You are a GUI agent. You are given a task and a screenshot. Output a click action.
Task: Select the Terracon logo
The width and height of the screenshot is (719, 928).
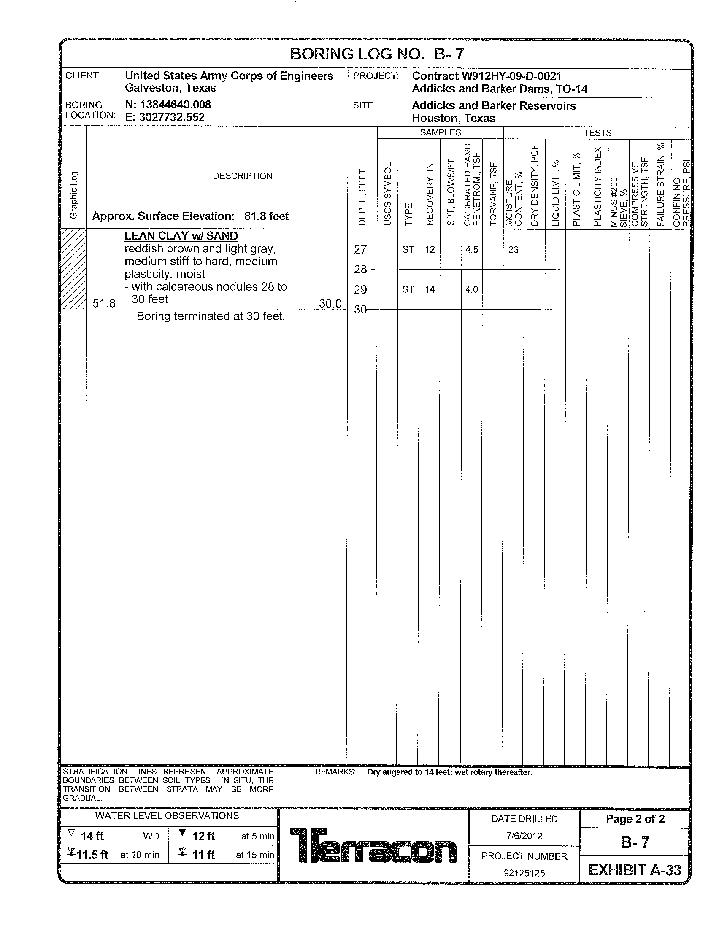click(373, 846)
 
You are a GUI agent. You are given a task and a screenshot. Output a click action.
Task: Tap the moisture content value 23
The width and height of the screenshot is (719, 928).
click(513, 250)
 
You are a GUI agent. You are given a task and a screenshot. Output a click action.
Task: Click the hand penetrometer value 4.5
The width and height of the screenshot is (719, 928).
click(471, 250)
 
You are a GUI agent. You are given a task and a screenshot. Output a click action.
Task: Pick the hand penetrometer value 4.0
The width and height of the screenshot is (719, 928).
click(471, 290)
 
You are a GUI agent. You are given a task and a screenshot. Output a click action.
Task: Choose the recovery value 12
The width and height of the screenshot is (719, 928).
click(430, 250)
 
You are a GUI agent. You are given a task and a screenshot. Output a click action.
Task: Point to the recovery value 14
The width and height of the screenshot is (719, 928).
click(430, 290)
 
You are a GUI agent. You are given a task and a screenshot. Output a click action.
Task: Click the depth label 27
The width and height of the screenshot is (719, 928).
click(360, 249)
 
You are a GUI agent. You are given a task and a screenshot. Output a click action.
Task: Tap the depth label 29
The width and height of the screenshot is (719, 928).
click(360, 290)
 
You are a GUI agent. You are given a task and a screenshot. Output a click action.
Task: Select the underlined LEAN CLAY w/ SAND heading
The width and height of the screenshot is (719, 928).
click(181, 236)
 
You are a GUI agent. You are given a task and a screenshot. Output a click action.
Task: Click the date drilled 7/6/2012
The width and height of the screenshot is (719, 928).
click(524, 836)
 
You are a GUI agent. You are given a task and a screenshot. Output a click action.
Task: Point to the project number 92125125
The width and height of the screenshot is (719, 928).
click(524, 873)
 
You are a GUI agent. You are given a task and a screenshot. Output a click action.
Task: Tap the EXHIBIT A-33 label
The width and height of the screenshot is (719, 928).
click(635, 870)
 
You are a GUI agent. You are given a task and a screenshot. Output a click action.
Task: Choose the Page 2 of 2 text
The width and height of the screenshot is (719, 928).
click(635, 819)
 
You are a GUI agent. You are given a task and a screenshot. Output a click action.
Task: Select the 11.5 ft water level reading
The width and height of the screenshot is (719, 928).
click(92, 855)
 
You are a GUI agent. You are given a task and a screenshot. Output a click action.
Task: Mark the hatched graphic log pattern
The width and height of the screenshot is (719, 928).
click(74, 269)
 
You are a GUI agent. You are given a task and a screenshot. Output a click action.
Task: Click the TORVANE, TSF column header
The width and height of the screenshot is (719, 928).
click(493, 193)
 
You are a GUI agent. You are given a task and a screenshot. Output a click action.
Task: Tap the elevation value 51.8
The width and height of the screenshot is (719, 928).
click(104, 303)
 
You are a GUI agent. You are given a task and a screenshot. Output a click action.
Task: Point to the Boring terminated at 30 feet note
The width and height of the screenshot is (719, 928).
click(211, 316)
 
